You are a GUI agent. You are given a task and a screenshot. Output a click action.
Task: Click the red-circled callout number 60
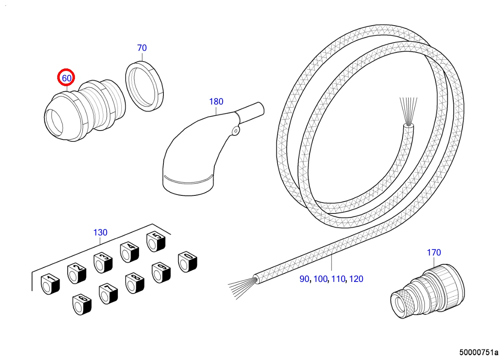[66, 78]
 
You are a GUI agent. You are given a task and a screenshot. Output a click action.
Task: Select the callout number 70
[142, 48]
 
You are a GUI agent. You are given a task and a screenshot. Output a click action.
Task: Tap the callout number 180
[216, 102]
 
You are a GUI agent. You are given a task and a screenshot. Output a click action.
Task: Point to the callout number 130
[100, 232]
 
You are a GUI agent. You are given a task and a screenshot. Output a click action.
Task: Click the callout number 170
[434, 253]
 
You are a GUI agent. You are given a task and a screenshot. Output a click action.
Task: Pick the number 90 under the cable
[304, 279]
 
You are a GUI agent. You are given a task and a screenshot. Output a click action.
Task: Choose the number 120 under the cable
[356, 279]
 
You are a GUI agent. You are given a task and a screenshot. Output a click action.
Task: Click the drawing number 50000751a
[479, 352]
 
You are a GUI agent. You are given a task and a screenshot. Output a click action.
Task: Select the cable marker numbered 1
[50, 283]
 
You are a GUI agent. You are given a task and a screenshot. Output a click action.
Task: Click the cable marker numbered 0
[187, 261]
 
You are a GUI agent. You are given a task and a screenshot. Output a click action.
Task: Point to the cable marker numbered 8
[134, 283]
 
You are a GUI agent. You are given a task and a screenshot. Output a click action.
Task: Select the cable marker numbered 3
[103, 262]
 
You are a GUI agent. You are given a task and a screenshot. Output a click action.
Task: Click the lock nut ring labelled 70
[145, 85]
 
